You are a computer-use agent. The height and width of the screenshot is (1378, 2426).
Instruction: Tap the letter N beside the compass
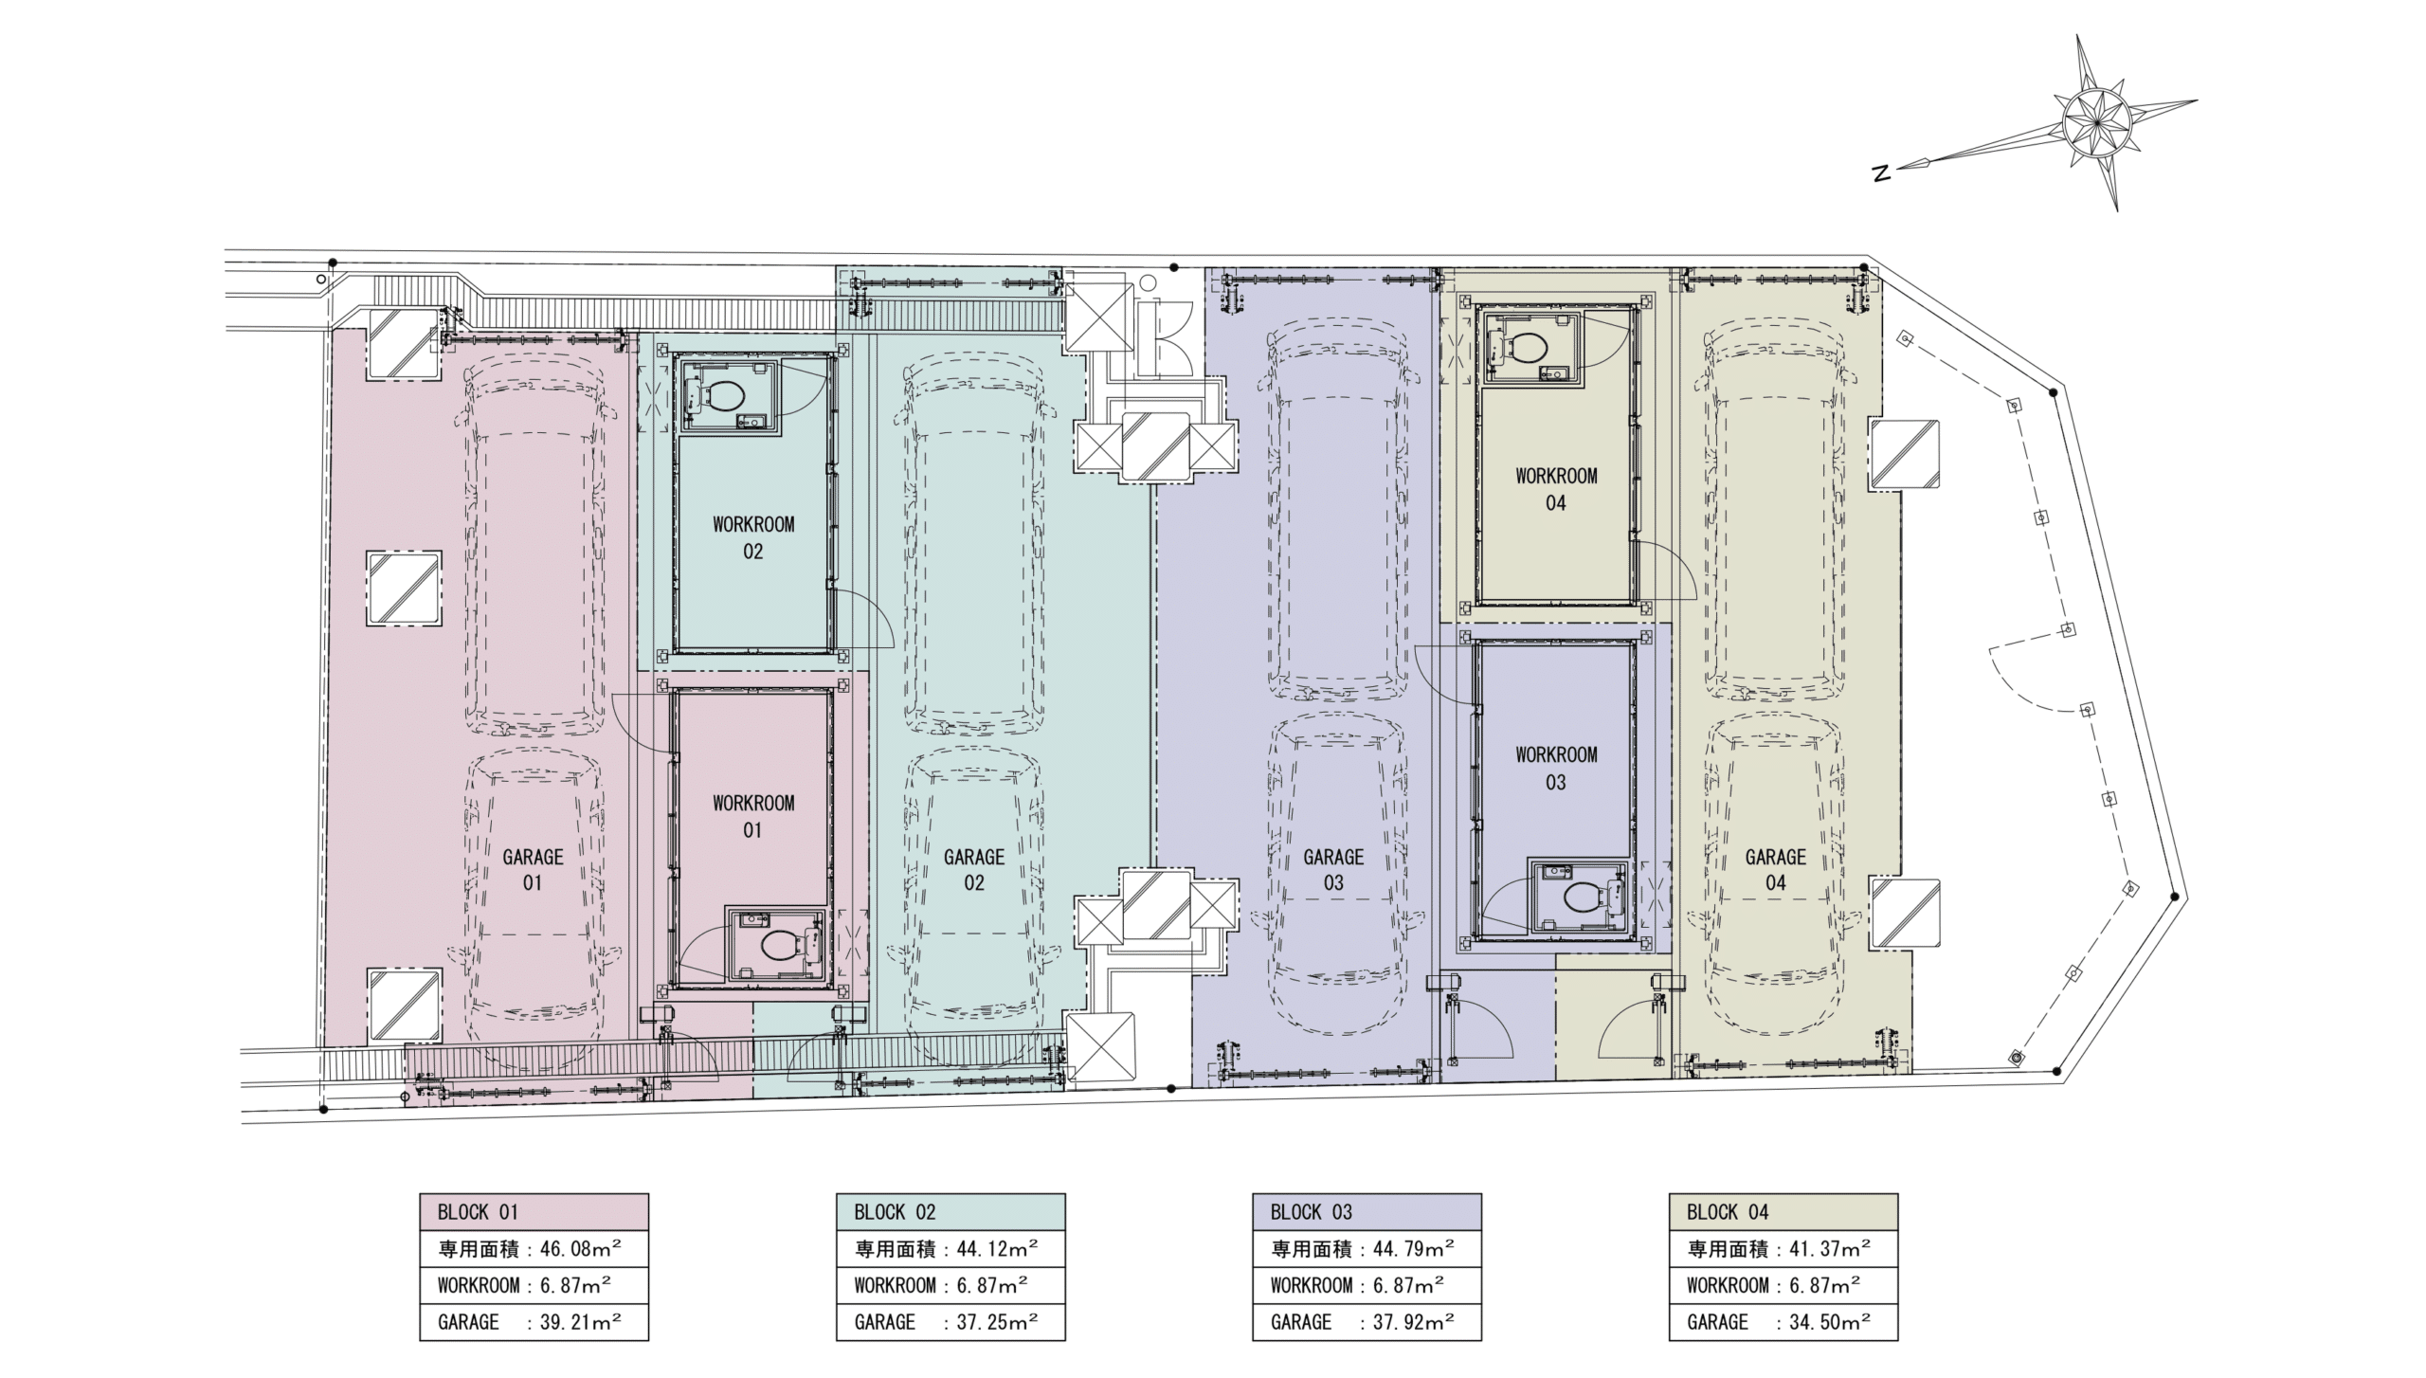pos(1882,173)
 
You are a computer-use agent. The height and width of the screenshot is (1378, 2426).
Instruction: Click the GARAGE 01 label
pos(533,870)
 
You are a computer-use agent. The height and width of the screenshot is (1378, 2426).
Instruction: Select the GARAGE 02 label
pos(974,870)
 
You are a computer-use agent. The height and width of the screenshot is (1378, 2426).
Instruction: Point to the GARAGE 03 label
pos(1333,870)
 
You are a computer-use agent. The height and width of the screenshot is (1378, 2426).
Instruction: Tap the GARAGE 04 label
pos(1776,870)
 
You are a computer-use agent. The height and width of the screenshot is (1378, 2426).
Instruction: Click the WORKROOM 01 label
pos(753,817)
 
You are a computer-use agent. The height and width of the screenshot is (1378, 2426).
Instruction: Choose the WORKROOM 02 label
pos(753,537)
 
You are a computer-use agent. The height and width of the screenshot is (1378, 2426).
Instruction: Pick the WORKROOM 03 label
pos(1556,769)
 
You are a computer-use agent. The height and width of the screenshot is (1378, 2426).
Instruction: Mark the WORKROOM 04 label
pos(1556,489)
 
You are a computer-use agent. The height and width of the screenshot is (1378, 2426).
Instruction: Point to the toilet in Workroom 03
pos(1590,895)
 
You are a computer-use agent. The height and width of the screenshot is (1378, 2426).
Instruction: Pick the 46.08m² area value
pos(580,1248)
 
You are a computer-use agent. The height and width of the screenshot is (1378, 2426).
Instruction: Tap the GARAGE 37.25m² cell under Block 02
pos(950,1322)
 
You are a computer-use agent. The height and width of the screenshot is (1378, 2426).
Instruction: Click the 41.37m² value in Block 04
pos(1829,1248)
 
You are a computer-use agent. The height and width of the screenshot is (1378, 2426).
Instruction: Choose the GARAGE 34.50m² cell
pos(1783,1322)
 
